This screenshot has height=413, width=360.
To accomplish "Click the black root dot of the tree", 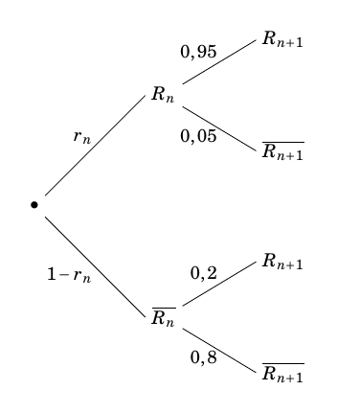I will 34,204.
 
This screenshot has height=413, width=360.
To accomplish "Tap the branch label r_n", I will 82,136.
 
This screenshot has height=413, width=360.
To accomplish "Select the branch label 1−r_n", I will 69,275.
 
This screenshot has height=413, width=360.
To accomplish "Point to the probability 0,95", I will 198,52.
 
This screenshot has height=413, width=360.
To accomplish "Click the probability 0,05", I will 198,135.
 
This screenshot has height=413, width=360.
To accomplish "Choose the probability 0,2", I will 203,273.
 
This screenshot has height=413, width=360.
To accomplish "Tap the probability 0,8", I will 203,357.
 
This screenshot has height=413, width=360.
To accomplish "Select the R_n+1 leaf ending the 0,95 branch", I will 282,40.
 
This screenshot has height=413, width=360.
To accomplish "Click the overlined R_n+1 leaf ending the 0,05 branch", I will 282,151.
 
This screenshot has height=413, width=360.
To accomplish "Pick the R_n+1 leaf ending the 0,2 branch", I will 282,262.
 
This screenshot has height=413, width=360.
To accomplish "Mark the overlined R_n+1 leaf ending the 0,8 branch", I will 282,373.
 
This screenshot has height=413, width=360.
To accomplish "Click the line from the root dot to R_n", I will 93,146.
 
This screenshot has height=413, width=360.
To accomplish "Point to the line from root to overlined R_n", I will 93,264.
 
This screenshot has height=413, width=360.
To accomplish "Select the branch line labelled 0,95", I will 219,61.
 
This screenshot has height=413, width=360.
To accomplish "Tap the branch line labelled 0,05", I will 219,127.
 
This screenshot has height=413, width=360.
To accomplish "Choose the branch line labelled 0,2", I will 219,285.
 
